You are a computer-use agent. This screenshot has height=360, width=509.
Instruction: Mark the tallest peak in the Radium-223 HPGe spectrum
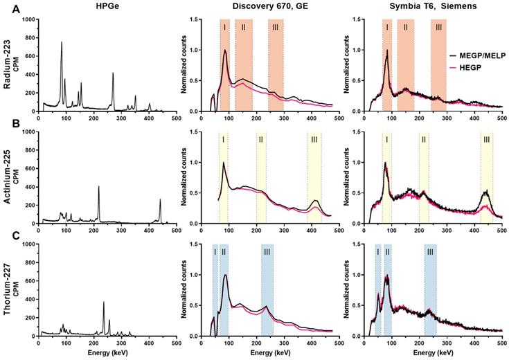(61, 43)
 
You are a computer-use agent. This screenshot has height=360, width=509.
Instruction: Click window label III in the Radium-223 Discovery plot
(276, 26)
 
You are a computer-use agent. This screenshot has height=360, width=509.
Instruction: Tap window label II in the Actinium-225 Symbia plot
(424, 140)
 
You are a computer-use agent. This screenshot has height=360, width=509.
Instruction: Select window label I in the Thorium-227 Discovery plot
(215, 252)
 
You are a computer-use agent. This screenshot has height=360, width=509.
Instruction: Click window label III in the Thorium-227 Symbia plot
(430, 253)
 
